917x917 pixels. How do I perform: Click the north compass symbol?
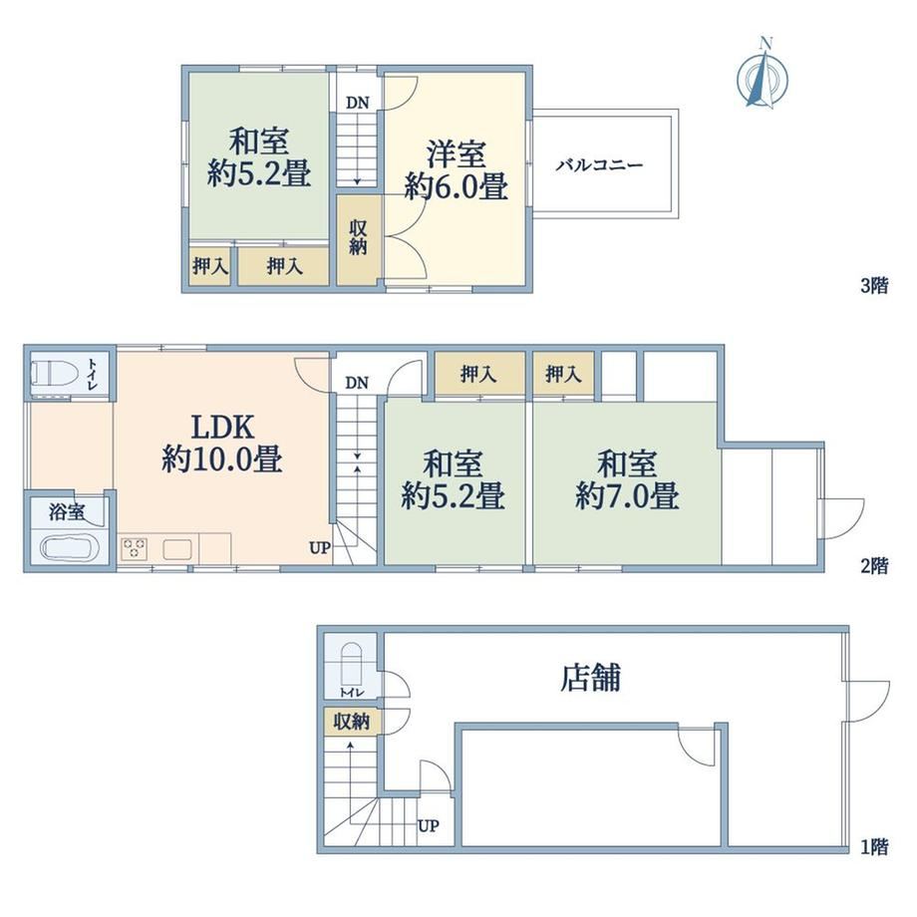coord(763,74)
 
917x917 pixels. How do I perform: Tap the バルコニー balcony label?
coord(599,165)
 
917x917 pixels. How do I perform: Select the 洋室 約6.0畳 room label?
coord(457,170)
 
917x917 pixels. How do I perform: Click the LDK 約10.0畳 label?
coord(222,443)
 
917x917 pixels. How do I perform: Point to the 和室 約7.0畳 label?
coord(627,479)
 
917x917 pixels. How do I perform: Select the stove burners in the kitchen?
coord(134,550)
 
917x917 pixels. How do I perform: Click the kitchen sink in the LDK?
coord(177,550)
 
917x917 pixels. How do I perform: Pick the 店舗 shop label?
coord(590,678)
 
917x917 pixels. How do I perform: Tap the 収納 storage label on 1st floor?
coord(352,722)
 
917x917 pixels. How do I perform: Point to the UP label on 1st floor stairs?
coord(428,825)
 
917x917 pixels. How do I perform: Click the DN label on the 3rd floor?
coord(357,103)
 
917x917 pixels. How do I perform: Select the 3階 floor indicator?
coord(874,285)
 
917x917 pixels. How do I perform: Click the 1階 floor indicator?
coord(874,846)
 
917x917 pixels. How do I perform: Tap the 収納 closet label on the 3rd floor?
coord(358,237)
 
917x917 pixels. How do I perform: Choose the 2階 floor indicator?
coord(874,565)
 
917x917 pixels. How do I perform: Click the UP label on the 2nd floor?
coord(320,548)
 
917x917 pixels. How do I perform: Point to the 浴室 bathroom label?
coord(67,512)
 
